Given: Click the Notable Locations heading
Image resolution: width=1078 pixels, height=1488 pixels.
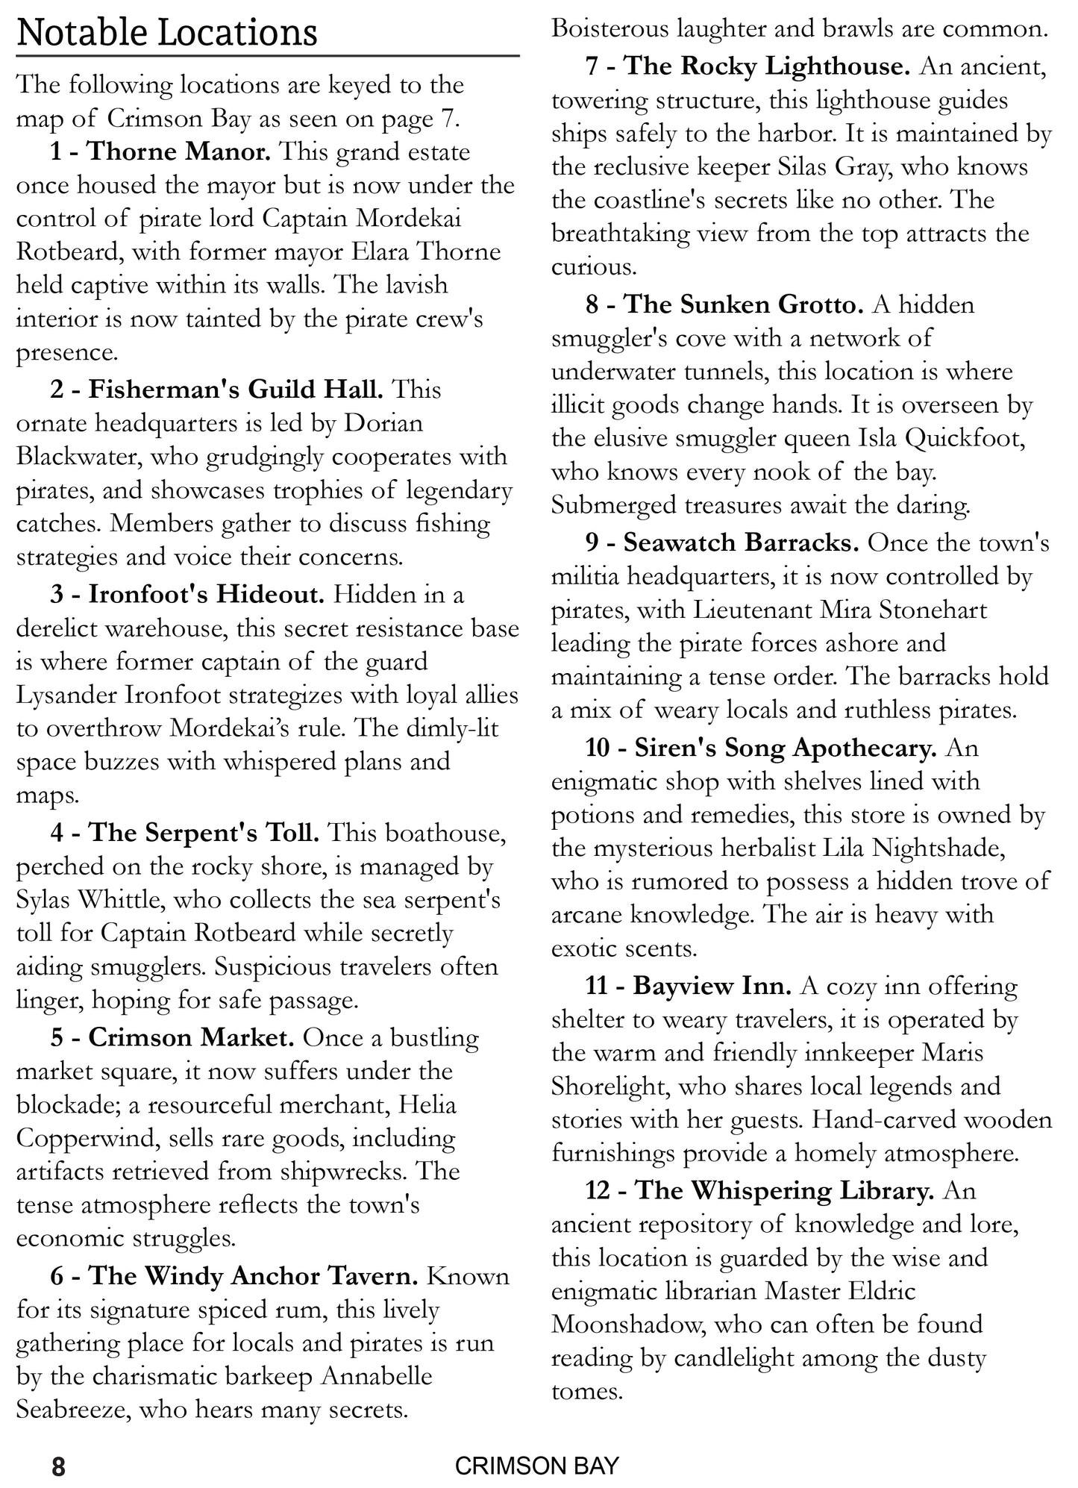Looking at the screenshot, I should pyautogui.click(x=167, y=33).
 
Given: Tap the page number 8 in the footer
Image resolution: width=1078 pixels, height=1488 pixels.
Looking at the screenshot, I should pyautogui.click(x=59, y=1466).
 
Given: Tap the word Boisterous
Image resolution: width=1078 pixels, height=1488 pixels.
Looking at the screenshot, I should pyautogui.click(x=609, y=29).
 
